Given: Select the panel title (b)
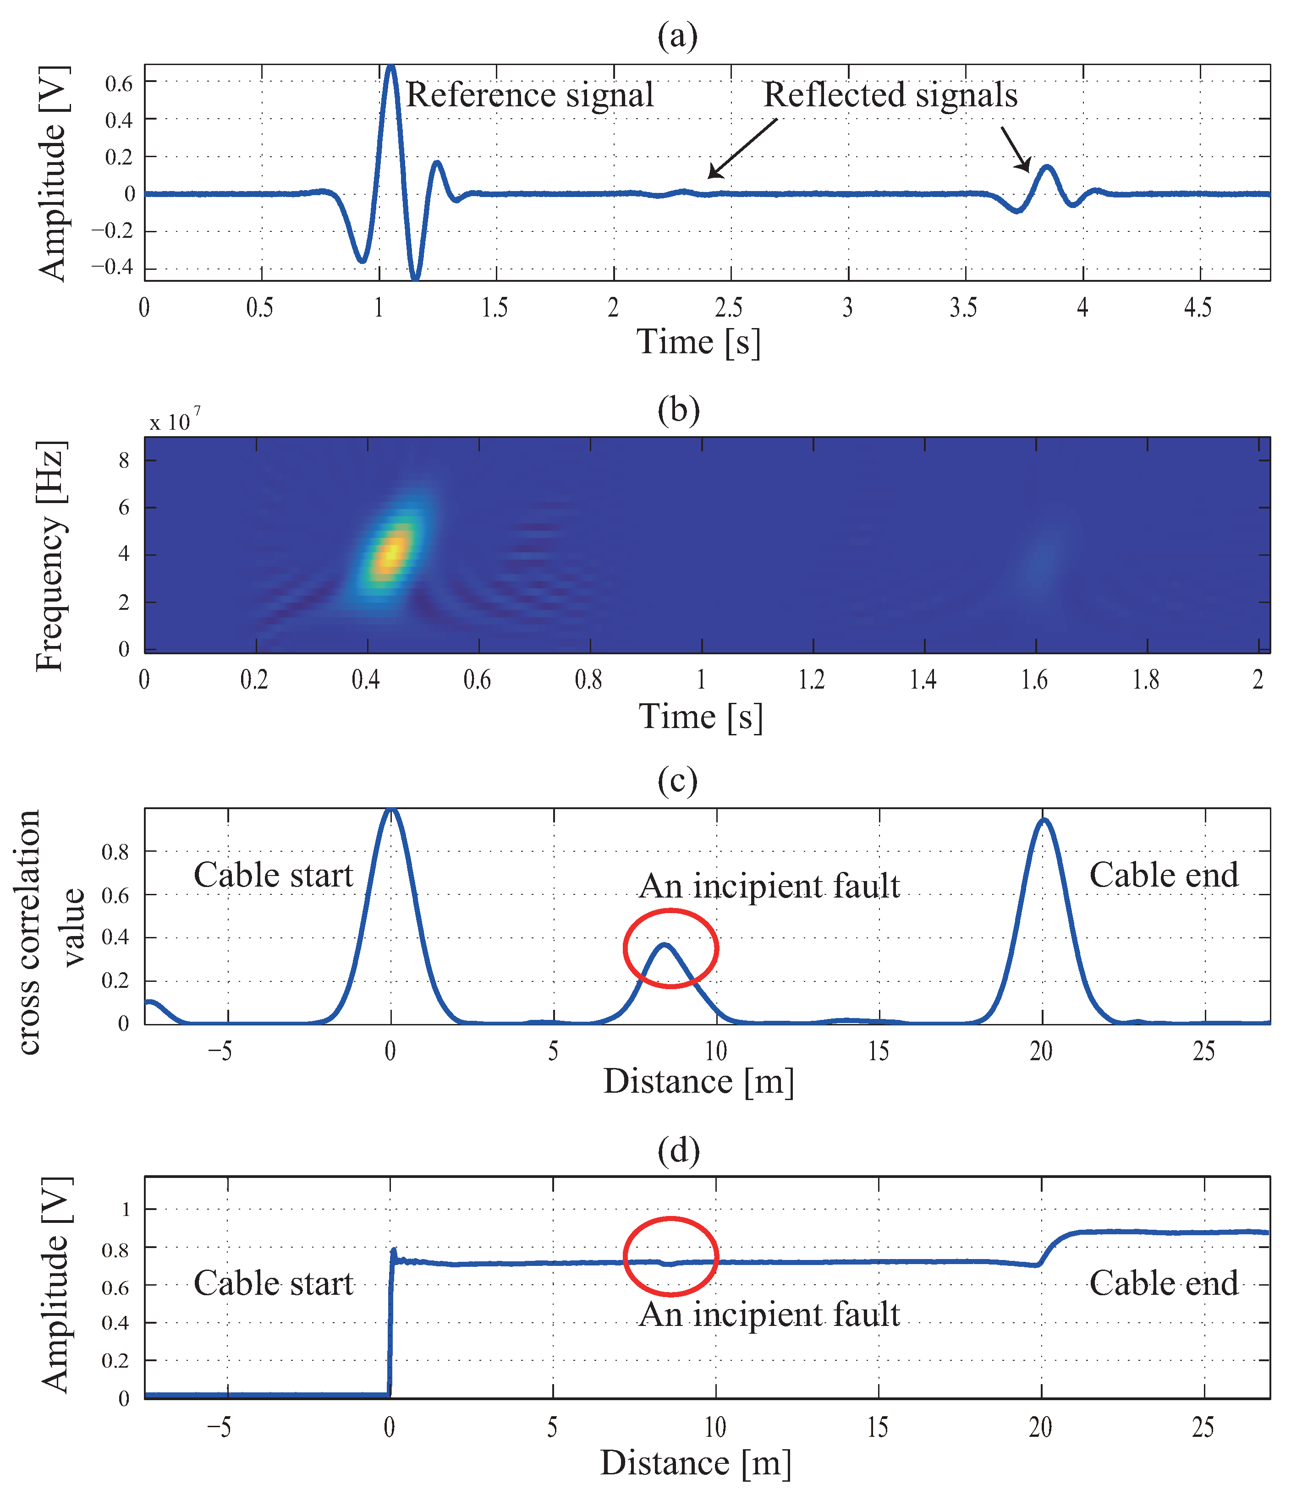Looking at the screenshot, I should (x=678, y=409).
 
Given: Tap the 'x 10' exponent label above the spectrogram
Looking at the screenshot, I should (x=174, y=421).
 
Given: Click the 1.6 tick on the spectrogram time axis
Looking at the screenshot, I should (x=1034, y=679).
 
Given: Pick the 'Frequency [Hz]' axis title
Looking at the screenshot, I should (x=50, y=556).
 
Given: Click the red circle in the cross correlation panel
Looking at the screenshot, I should (x=670, y=948).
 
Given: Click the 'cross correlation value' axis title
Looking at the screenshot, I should (x=50, y=931).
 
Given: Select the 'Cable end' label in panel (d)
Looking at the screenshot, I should (x=1163, y=1284).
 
